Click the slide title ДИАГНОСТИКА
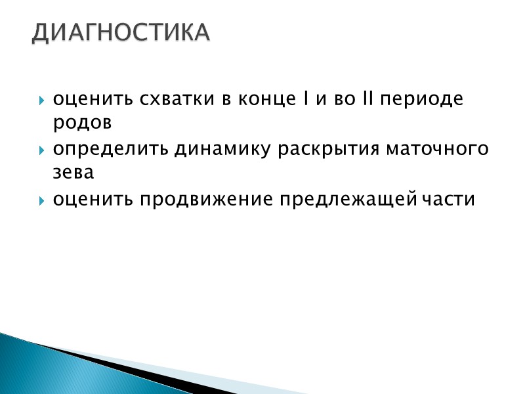pos(121,33)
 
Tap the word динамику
pos(223,150)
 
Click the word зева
pos(73,173)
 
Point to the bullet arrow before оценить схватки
pos(42,101)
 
